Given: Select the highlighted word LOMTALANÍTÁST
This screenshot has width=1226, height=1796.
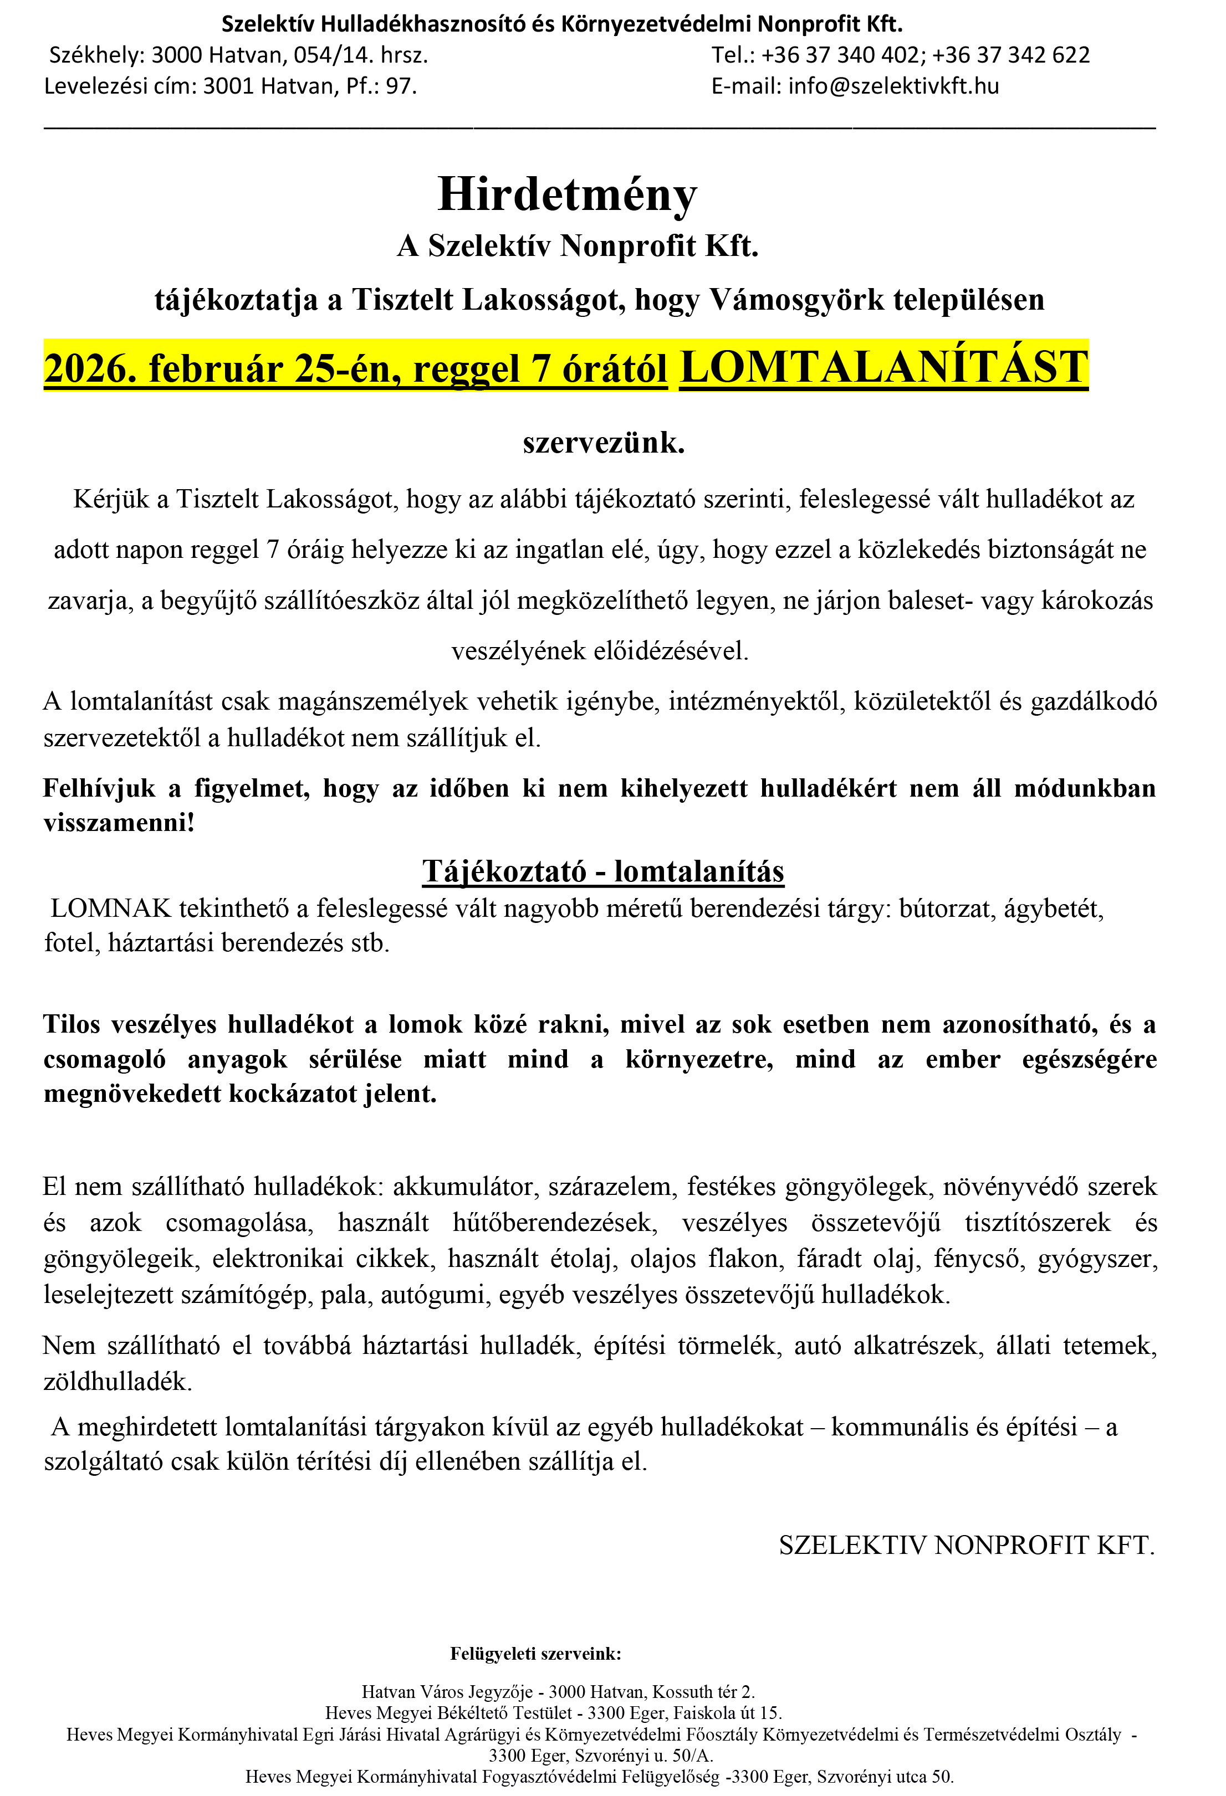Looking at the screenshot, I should pos(883,367).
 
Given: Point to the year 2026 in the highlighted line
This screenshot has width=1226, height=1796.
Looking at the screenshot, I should pos(84,368).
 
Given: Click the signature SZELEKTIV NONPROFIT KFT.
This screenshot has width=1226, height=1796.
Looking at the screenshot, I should pos(966,1545).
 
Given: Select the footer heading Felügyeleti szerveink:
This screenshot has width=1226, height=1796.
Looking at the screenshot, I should pos(536,1654).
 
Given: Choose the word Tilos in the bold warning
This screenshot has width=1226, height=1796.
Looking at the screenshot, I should pos(72,1024).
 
